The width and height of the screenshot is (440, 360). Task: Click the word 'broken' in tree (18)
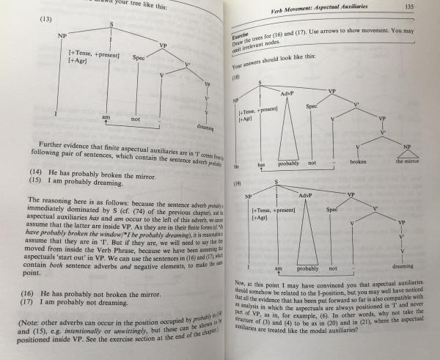(359, 161)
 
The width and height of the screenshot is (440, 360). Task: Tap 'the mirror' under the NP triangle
(408, 161)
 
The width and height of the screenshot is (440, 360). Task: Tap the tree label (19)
(237, 186)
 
